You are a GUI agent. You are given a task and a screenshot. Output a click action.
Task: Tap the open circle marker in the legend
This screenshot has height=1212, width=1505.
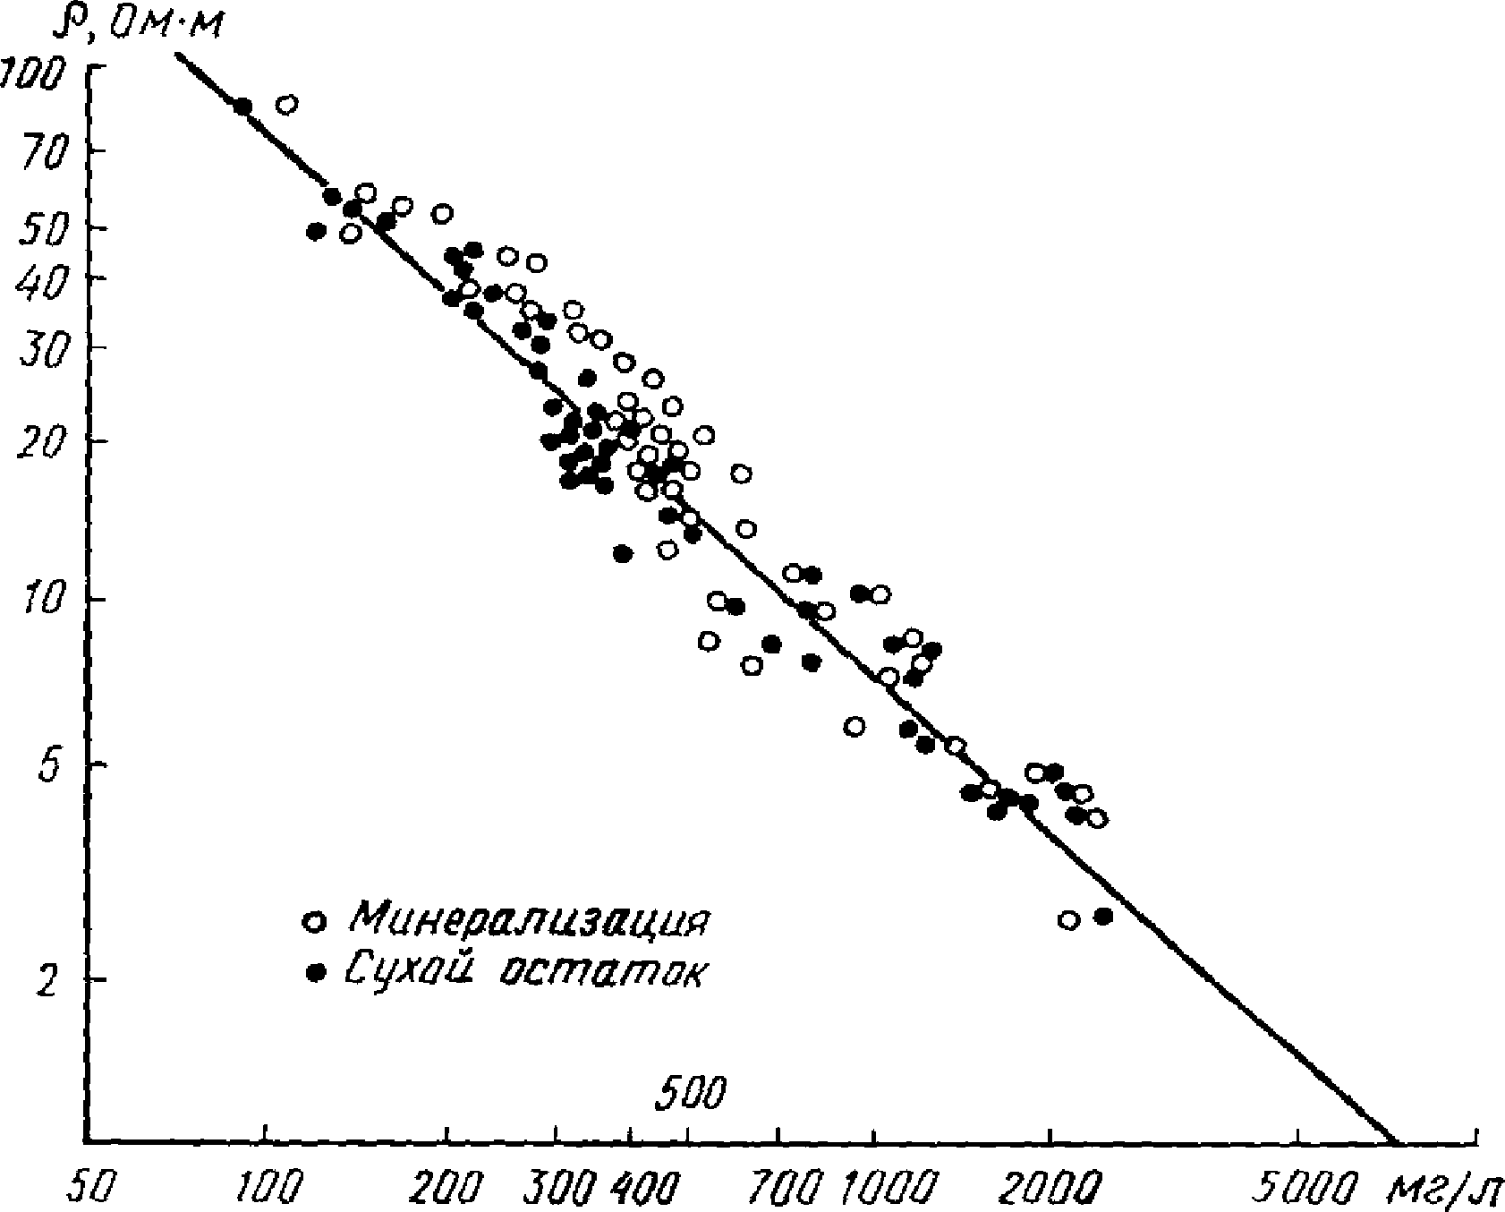click(314, 921)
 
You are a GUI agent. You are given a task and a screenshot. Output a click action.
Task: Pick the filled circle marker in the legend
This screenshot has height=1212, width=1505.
click(314, 971)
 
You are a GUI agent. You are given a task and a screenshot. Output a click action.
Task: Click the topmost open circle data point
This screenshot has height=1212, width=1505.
click(286, 105)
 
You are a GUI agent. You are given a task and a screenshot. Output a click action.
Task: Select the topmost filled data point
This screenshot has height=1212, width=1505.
click(242, 107)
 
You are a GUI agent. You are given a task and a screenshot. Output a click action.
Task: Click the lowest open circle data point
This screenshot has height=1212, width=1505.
click(1068, 919)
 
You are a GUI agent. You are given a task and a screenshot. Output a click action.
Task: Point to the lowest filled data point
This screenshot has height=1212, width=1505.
click(1102, 916)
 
